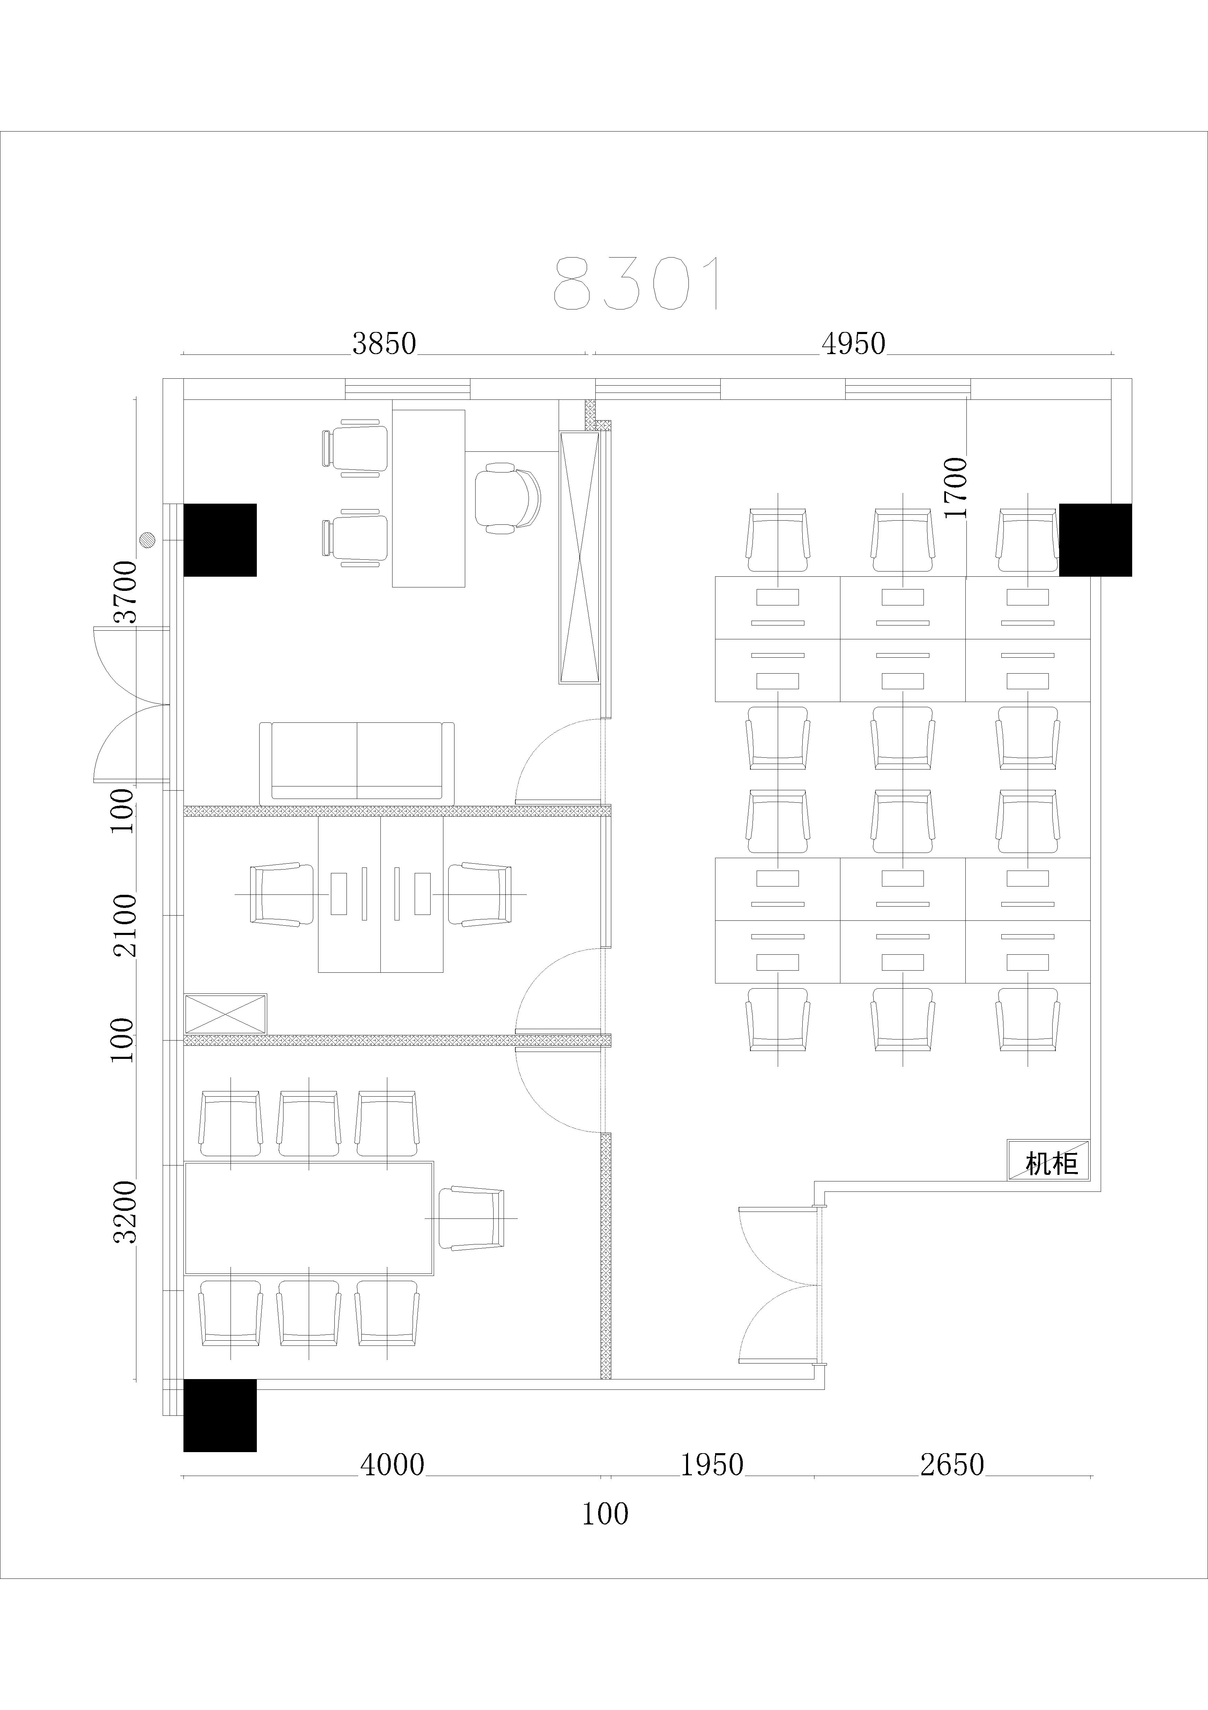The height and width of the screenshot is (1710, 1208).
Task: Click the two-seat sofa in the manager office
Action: tap(357, 763)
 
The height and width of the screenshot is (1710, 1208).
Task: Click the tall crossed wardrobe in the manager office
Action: tap(579, 557)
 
